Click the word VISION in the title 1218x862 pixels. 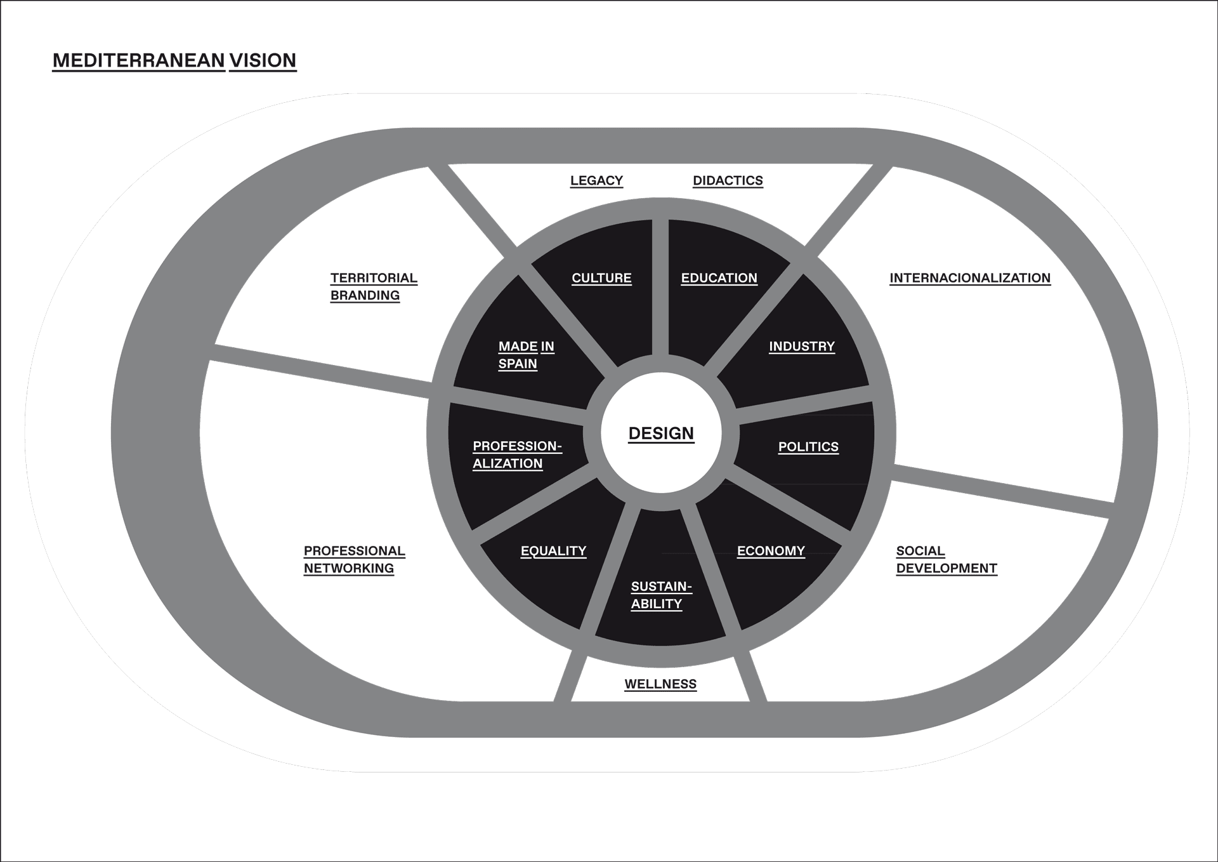[263, 60]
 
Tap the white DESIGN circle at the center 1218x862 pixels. [661, 433]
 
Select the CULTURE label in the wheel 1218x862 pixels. [601, 278]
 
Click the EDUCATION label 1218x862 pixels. [719, 278]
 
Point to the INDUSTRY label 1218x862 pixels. [802, 347]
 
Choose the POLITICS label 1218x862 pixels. [808, 447]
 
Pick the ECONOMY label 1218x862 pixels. [771, 551]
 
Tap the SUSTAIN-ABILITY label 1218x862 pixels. [660, 595]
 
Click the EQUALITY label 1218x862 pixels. [553, 551]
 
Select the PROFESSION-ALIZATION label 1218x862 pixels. [516, 454]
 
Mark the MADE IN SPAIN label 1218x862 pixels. [525, 355]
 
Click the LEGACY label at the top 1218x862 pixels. [596, 181]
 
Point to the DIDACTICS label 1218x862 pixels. [728, 181]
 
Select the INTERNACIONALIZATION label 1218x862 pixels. [970, 278]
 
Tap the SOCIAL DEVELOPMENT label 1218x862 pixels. [946, 560]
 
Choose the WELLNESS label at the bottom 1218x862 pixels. [660, 684]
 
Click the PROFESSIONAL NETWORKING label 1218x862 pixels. [354, 560]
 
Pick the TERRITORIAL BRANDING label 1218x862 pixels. [373, 287]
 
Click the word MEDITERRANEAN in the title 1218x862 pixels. [138, 60]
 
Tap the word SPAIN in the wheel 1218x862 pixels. [518, 364]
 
